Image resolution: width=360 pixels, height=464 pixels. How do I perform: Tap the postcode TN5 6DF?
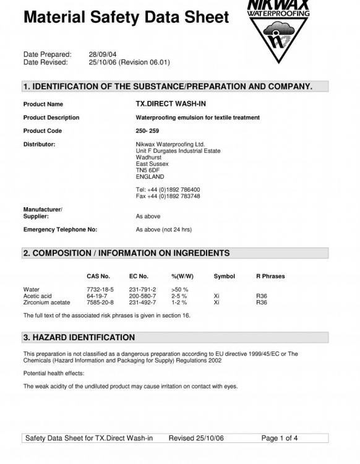(148, 170)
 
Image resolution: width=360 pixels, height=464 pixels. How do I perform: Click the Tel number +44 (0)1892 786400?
(168, 189)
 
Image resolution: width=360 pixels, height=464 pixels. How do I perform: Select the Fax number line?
(168, 196)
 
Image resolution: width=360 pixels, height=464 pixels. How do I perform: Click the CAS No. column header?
(98, 276)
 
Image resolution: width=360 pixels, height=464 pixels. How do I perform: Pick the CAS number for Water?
(100, 290)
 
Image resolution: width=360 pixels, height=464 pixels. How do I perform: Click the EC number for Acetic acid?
(142, 296)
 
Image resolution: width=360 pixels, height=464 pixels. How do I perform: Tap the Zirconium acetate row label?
(46, 303)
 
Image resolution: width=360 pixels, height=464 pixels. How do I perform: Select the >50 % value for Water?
(179, 290)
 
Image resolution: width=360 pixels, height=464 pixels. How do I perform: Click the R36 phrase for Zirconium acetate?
(261, 303)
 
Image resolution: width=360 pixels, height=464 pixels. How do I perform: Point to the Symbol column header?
(224, 276)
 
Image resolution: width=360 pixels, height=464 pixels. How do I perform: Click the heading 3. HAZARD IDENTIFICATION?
(79, 338)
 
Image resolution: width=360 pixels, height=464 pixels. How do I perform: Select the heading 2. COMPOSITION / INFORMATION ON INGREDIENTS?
(126, 253)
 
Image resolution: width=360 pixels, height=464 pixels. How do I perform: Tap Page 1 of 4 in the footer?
(280, 439)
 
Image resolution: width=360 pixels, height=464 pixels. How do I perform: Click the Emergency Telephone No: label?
(60, 230)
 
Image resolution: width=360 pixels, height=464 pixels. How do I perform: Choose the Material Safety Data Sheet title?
(126, 17)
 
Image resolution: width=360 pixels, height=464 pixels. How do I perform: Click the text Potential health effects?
(53, 374)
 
